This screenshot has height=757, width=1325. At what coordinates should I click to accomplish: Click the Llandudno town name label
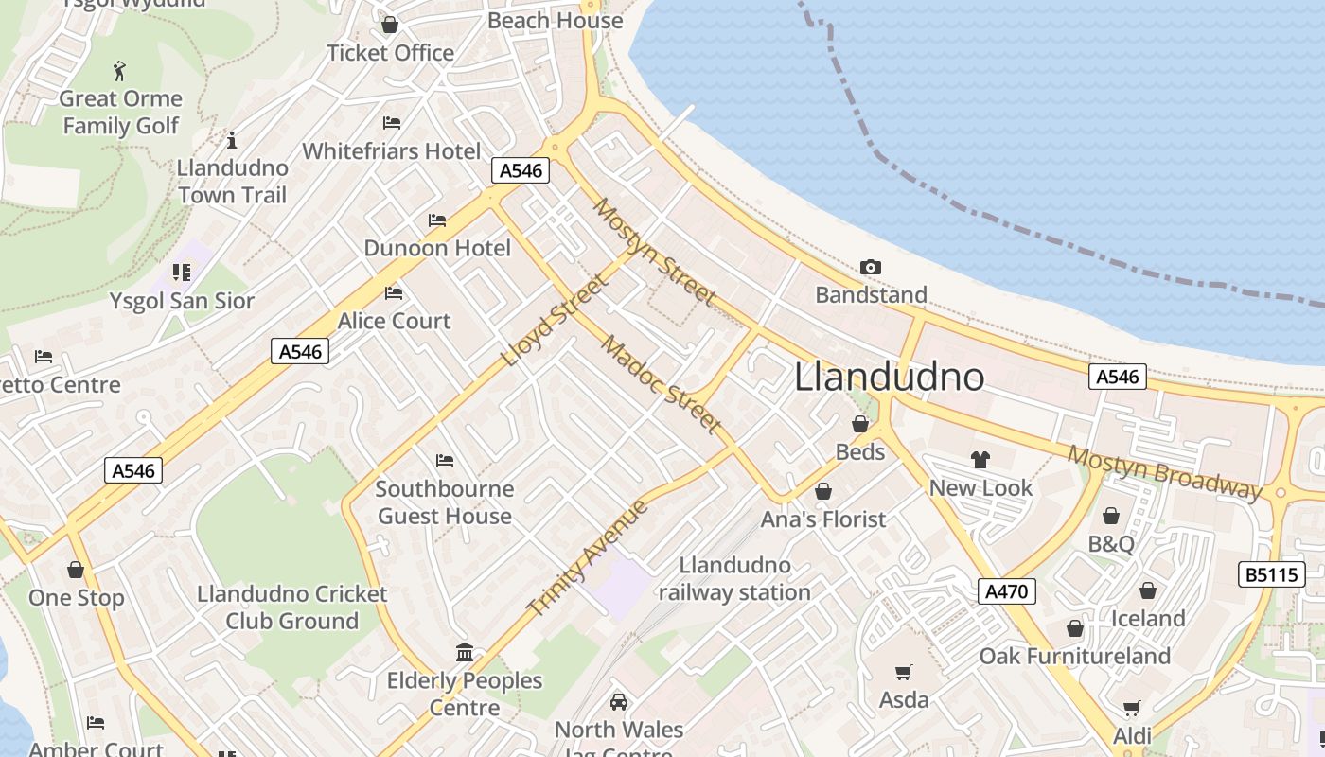[889, 377]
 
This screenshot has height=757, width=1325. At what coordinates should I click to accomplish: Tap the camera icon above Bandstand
[871, 268]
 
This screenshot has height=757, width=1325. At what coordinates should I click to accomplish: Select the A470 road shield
[1006, 592]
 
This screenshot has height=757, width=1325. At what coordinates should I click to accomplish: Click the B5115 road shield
[1271, 574]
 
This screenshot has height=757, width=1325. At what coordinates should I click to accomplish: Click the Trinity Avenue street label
[588, 557]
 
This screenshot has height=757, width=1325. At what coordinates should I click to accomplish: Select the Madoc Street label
[662, 383]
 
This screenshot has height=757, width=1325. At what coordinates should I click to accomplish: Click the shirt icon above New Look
[980, 460]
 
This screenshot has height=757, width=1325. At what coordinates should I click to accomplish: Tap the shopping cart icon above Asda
[904, 673]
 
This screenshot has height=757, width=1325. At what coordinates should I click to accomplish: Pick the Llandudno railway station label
[734, 579]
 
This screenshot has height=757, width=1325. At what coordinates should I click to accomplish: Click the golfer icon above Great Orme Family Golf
[119, 71]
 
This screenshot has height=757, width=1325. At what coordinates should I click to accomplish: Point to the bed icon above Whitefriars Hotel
[392, 123]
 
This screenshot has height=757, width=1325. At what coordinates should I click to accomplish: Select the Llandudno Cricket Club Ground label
[292, 607]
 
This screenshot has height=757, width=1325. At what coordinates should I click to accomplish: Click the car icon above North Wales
[619, 702]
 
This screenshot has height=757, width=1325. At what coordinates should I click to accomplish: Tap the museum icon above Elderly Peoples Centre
[465, 653]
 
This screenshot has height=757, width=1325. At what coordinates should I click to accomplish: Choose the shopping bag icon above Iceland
[1148, 591]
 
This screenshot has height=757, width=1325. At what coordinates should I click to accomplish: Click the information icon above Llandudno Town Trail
[232, 141]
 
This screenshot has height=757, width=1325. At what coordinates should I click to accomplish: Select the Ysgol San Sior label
[182, 301]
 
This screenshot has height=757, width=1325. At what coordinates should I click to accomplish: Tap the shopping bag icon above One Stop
[76, 571]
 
